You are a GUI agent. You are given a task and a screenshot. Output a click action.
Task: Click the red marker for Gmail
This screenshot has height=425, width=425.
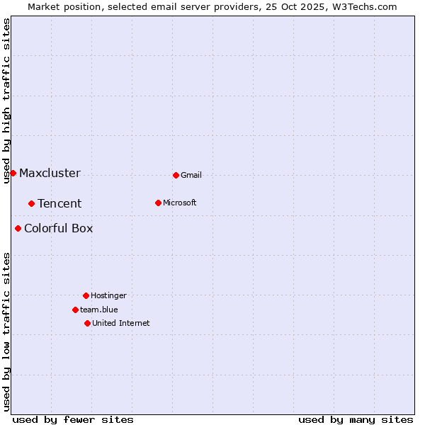(x=176, y=175)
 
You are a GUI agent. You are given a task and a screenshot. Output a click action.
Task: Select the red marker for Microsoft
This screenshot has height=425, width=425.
(x=158, y=203)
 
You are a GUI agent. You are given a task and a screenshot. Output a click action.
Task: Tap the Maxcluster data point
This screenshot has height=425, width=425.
(x=13, y=173)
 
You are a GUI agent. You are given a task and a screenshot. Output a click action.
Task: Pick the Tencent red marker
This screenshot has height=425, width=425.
(x=31, y=203)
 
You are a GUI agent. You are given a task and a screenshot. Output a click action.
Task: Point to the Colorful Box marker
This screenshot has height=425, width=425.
(x=18, y=228)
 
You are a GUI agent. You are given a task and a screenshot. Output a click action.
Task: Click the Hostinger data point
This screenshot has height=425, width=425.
(x=86, y=295)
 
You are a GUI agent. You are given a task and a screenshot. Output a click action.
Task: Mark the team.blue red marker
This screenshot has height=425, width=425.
(x=75, y=310)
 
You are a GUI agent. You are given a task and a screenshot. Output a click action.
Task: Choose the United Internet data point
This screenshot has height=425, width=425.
(x=87, y=323)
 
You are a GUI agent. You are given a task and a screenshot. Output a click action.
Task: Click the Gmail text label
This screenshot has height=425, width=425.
(x=191, y=176)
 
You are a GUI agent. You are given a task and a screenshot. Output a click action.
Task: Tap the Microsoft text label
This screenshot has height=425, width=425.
(x=180, y=203)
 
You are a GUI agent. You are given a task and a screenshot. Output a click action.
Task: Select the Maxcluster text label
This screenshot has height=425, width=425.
(x=50, y=174)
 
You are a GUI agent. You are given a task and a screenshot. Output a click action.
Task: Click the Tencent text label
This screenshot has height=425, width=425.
(x=59, y=204)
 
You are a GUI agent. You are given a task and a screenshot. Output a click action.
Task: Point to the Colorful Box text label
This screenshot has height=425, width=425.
(x=58, y=229)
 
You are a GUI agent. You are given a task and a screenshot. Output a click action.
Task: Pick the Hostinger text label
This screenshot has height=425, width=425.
(x=108, y=296)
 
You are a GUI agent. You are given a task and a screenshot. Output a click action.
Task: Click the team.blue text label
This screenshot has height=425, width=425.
(x=99, y=310)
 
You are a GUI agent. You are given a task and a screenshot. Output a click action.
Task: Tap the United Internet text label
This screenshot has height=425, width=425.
(x=120, y=324)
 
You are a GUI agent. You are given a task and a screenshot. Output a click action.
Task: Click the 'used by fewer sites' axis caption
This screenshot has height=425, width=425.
(x=73, y=419)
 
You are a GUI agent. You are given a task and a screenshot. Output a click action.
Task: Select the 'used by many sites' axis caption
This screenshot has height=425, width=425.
(x=356, y=419)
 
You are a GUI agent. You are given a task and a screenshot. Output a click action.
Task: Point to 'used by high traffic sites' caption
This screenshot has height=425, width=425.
(x=6, y=101)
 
